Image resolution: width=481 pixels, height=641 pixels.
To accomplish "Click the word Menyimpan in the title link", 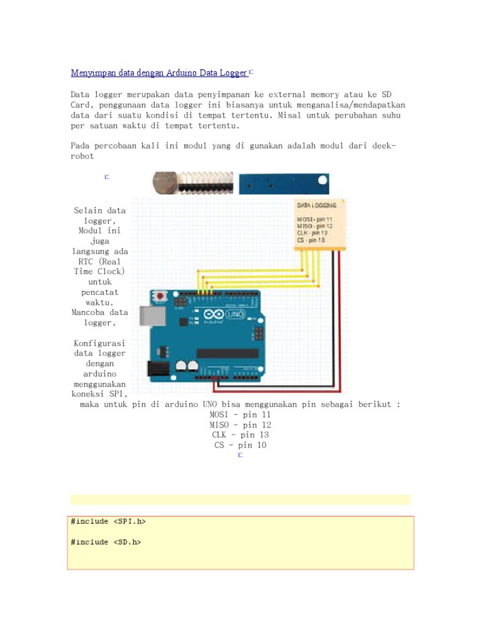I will point(93,73).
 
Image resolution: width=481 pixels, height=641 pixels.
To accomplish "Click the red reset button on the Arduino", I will point(161,295).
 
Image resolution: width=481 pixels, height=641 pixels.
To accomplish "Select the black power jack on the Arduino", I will point(157,369).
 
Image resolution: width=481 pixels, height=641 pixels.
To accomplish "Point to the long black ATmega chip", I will point(227,354).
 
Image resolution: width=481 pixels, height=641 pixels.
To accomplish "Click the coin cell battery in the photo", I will point(165,183).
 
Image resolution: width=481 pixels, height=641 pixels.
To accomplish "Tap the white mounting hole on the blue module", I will point(323,182).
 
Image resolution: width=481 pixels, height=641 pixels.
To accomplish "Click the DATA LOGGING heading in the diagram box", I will point(316,205).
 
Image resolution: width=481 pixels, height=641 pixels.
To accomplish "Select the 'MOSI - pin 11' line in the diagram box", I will point(314,218).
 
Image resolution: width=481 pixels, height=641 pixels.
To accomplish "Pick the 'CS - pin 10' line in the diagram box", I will point(311,240).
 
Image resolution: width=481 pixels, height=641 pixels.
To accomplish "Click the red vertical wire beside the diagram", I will point(340,313).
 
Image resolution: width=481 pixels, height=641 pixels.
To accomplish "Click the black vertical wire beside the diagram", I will point(333,313).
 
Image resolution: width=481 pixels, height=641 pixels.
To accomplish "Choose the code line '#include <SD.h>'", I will point(106,542).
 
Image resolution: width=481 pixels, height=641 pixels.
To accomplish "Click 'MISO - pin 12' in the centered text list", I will point(240,425).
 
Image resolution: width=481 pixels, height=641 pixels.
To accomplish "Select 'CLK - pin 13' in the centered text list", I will point(240,435).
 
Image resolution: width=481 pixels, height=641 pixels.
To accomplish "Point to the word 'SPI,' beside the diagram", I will point(117,394).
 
